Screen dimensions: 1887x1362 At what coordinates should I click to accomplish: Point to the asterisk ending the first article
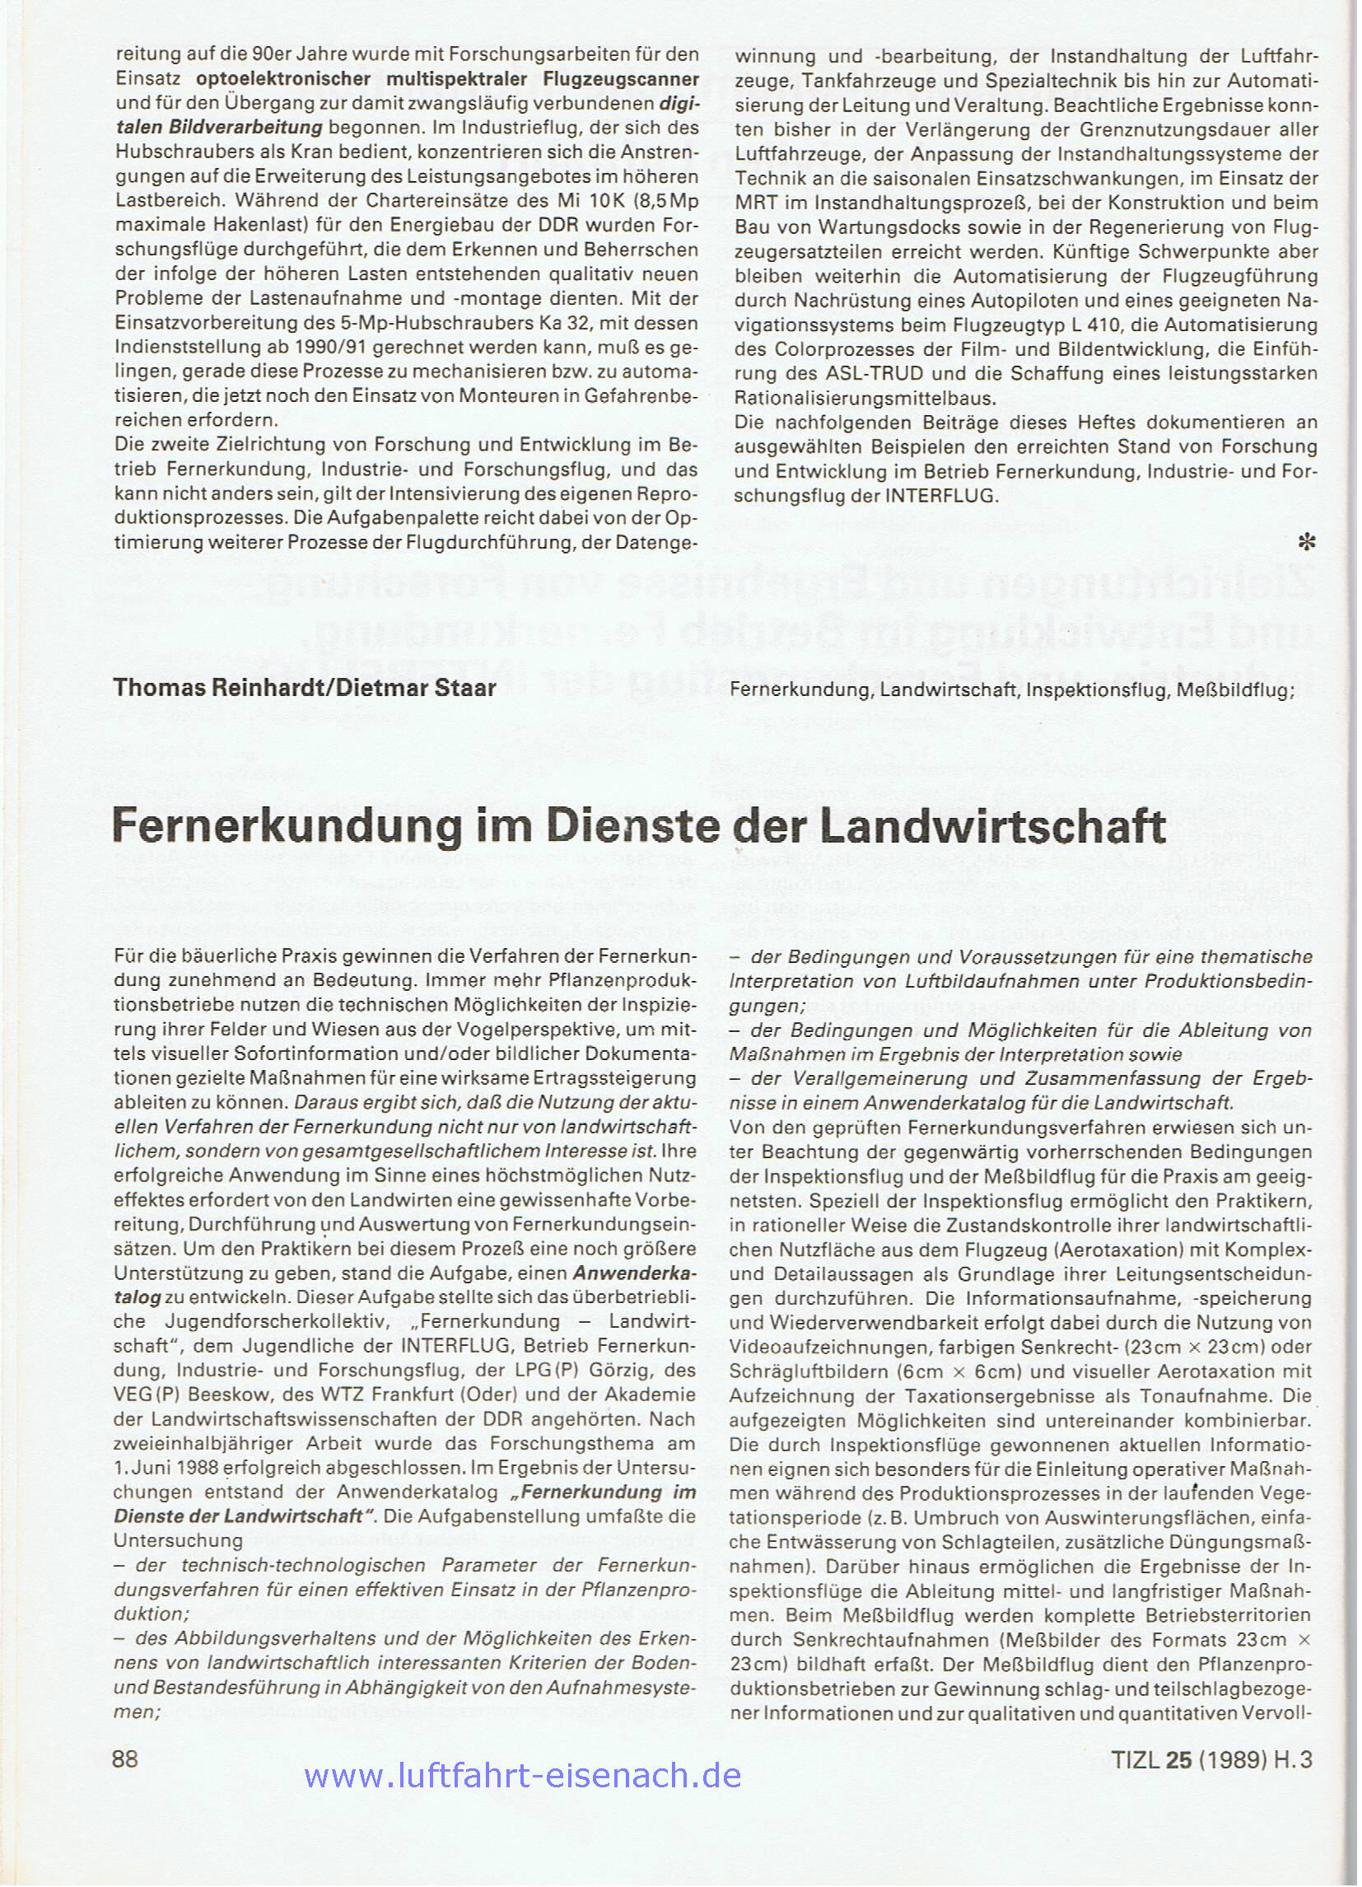(x=1306, y=544)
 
